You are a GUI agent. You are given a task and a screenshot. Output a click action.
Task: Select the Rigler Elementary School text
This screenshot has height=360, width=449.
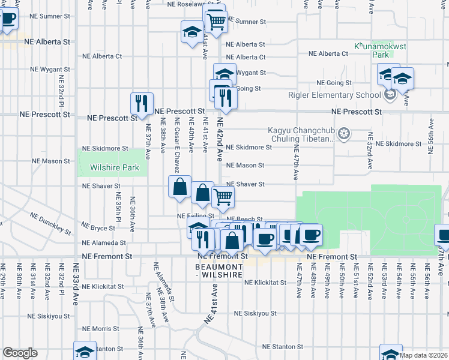pos(339,95)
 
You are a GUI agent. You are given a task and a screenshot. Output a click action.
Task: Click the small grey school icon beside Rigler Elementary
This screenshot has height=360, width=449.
pos(391,95)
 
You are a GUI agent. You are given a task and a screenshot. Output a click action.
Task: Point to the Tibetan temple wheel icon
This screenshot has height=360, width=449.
pos(344,133)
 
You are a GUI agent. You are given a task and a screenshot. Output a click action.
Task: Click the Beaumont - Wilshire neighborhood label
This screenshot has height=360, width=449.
pos(219,270)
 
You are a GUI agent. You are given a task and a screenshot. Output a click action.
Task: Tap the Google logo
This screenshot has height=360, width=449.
pos(20,353)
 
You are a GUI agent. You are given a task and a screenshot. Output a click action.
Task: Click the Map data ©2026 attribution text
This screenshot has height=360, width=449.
pos(423,355)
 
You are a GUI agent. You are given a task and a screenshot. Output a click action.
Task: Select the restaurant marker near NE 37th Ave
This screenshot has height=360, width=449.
pos(142,104)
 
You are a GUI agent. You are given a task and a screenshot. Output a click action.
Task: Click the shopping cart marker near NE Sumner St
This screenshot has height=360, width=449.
pos(215,22)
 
